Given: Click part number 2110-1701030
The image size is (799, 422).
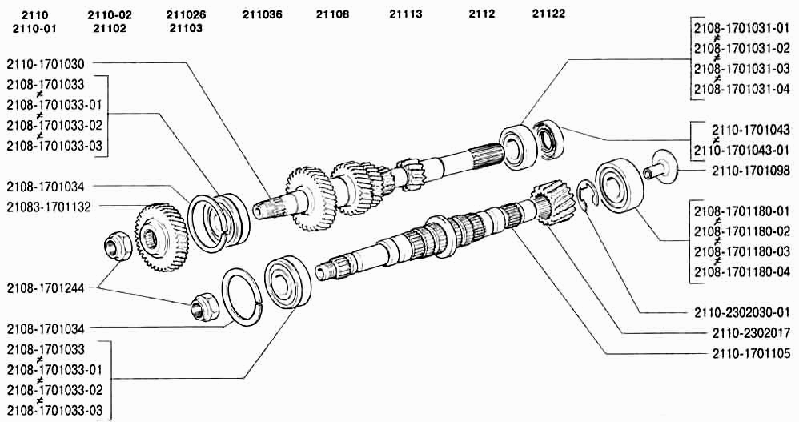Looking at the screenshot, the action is (x=46, y=64).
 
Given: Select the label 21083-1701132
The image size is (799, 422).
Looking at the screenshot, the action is (x=49, y=207).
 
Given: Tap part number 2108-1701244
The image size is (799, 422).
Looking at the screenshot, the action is (x=46, y=288).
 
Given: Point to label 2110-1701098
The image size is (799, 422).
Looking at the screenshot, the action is (x=751, y=171).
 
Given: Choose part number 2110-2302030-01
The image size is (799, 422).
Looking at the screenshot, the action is (x=742, y=312).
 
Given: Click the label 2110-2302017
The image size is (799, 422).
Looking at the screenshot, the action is (x=751, y=333).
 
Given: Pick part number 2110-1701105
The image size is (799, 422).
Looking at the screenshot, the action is (x=751, y=353).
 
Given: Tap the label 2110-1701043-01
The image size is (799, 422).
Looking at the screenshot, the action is (x=742, y=151).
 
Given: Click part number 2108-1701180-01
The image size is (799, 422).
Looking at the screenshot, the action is (x=742, y=211).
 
